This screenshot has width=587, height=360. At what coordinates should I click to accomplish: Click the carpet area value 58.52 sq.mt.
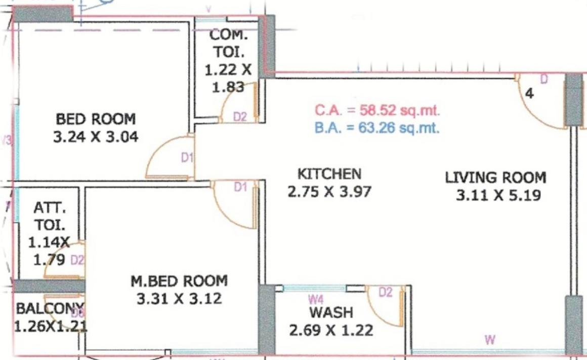[x=377, y=110]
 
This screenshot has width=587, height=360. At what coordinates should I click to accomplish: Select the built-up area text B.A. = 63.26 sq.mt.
[x=377, y=127]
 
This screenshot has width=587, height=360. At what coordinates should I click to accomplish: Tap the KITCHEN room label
[x=329, y=174]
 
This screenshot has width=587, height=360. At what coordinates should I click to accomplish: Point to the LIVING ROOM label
[x=495, y=178]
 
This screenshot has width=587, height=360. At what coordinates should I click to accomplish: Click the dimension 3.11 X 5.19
[x=498, y=195]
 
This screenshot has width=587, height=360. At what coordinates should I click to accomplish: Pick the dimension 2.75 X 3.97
[x=329, y=192]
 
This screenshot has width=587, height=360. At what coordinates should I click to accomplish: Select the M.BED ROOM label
[x=179, y=281]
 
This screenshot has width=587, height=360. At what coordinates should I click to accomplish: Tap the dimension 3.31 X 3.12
[x=179, y=299]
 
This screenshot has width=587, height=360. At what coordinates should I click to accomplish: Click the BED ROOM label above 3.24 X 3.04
[x=96, y=120]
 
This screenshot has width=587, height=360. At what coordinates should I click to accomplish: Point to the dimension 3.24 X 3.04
[x=96, y=137]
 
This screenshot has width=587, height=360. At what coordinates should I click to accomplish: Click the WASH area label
[x=331, y=312]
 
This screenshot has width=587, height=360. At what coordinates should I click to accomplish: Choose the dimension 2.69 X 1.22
[x=331, y=331]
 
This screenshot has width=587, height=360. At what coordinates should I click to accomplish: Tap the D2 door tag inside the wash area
[x=386, y=292]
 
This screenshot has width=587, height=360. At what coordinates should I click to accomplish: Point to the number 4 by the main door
[x=529, y=94]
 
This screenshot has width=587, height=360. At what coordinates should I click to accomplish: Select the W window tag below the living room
[x=489, y=340]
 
